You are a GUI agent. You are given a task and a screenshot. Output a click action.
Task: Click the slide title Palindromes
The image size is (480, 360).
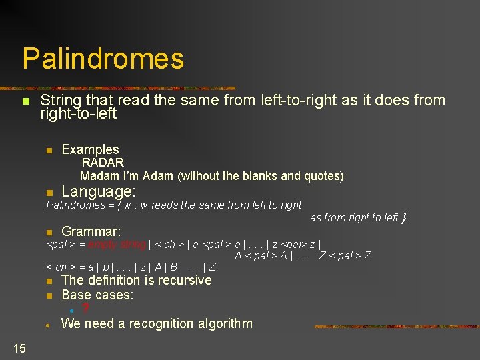pos(103,59)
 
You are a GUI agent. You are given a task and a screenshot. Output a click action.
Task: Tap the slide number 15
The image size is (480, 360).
pos(19,347)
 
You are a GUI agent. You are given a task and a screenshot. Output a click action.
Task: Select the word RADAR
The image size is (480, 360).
pos(103,162)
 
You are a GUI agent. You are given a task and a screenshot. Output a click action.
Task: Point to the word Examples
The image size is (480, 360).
pos(90,149)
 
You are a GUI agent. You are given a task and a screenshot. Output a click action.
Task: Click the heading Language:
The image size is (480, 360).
pos(98,191)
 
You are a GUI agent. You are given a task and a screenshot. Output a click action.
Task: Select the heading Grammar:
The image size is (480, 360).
pos(91,231)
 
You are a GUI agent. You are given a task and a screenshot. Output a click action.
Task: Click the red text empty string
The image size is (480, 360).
pos(117,245)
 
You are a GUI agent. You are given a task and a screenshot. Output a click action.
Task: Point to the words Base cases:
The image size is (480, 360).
pos(97,295)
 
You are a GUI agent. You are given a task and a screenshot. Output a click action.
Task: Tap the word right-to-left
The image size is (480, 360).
pos(78,114)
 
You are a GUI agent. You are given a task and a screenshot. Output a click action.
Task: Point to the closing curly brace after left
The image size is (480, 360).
pos(404,217)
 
